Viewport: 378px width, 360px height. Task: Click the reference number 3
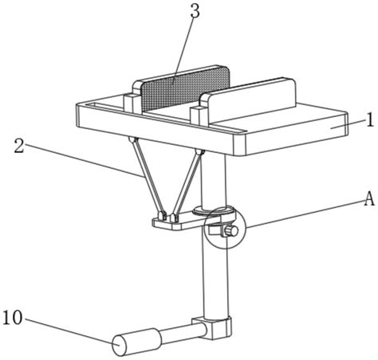pyautogui.click(x=195, y=11)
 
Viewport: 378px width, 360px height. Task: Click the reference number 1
pyautogui.click(x=370, y=119)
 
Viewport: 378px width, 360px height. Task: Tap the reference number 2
pyautogui.click(x=19, y=147)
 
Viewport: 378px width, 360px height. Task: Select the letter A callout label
pyautogui.click(x=369, y=199)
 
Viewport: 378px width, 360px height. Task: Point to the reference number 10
pyautogui.click(x=13, y=318)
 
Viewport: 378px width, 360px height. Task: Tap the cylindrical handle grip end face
pyautogui.click(x=120, y=345)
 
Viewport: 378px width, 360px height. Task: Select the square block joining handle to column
pyautogui.click(x=213, y=328)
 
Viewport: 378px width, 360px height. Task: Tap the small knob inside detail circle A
pyautogui.click(x=230, y=231)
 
